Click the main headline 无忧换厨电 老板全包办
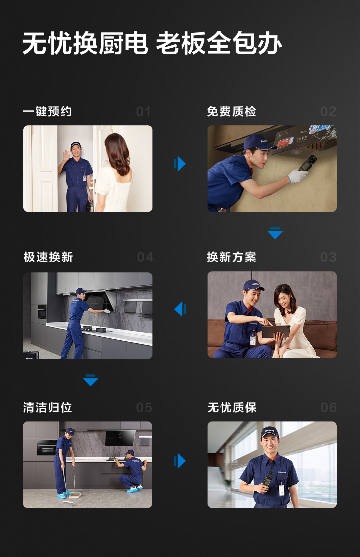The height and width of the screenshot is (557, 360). click(x=152, y=43)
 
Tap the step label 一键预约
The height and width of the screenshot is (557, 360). click(x=47, y=111)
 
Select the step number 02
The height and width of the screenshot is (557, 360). click(x=328, y=112)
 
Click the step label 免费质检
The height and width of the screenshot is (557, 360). click(x=232, y=111)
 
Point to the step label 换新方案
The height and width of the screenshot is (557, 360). click(x=232, y=257)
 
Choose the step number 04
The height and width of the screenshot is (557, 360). click(x=145, y=257)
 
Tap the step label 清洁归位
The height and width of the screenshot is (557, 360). click(x=47, y=408)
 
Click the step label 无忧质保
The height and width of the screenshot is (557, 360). click(x=232, y=408)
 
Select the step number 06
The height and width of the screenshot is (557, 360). click(x=329, y=408)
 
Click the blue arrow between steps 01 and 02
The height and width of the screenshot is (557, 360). click(x=180, y=164)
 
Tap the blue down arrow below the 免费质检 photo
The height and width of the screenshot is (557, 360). click(x=275, y=233)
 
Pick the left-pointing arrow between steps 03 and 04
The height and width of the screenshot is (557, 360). click(x=180, y=309)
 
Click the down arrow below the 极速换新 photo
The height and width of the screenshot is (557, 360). click(x=91, y=380)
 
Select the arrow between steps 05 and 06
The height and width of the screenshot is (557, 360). click(x=180, y=461)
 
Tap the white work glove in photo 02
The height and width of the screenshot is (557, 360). click(x=297, y=176)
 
